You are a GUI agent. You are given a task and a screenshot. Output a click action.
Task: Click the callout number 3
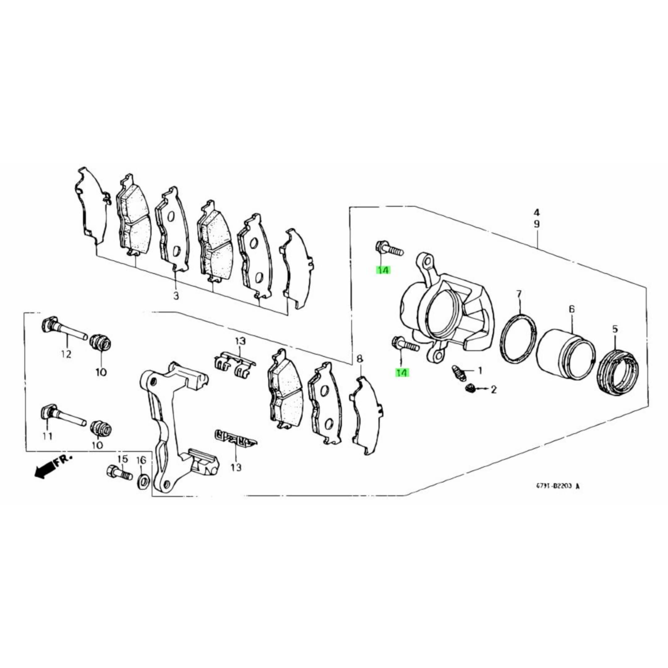(x=176, y=296)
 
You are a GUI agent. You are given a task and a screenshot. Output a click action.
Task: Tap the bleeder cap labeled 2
(x=470, y=389)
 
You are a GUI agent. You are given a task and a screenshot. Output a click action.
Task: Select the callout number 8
(x=360, y=359)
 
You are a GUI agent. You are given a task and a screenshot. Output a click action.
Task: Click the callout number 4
(x=536, y=212)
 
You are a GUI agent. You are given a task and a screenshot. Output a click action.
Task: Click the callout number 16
(x=141, y=460)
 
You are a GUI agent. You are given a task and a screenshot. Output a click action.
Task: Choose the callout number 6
(x=572, y=309)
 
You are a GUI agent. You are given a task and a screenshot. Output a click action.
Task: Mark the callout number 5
(x=615, y=329)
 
